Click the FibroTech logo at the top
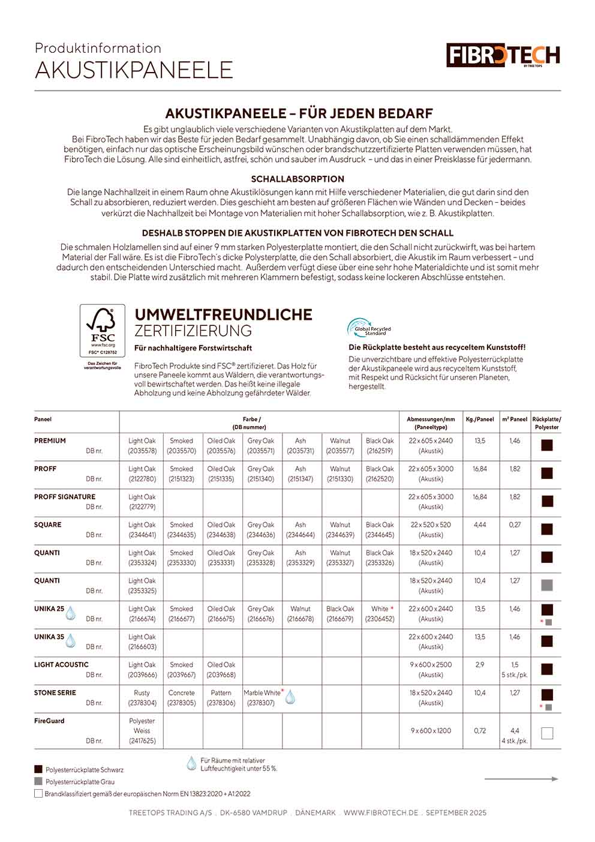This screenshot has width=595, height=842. pos(503,55)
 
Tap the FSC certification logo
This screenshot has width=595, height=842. pos(103,331)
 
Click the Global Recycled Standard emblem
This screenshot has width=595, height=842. pos(368,328)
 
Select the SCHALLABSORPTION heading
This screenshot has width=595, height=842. pos(297,179)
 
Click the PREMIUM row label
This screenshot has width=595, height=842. pos(50,441)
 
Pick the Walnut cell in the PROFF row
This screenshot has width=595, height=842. pos(340,474)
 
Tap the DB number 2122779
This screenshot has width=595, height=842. pos(142,507)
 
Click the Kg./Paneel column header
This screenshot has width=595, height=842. pos(480,419)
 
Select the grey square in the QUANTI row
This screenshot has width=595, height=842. pos(546,585)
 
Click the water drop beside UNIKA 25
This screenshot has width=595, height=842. pos(71,612)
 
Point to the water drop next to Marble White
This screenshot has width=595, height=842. pos(290,697)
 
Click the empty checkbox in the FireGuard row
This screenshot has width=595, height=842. pos(546,733)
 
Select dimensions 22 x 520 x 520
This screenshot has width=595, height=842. pos(431,525)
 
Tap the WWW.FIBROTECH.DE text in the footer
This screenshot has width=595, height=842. pos(381,813)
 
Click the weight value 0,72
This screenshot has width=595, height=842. pos(480,730)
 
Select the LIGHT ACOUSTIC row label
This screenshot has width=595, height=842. pos(61,664)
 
